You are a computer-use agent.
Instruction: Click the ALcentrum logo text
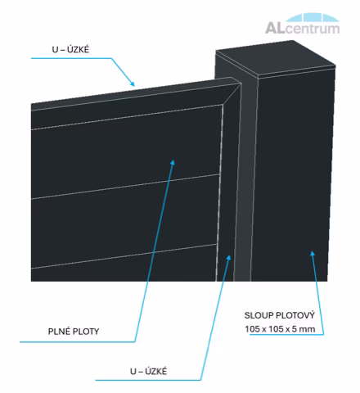tap(302, 28)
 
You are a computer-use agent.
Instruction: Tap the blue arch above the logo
tap(313, 17)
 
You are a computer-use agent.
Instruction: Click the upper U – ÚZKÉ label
tap(70, 49)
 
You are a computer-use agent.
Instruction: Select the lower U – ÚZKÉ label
tap(148, 371)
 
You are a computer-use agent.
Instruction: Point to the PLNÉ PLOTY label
tap(74, 332)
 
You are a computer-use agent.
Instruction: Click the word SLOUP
tap(259, 315)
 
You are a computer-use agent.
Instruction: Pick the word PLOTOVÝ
tap(295, 315)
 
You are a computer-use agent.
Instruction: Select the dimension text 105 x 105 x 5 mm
tap(280, 329)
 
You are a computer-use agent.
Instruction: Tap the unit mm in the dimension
tap(308, 329)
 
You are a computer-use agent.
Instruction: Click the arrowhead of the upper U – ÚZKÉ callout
tap(133, 84)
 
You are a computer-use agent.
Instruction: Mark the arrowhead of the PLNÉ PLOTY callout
tap(173, 162)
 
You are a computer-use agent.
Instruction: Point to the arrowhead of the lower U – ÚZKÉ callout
tap(229, 257)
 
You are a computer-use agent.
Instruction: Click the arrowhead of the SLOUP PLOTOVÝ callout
tap(313, 253)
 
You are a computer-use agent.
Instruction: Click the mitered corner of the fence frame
tap(232, 94)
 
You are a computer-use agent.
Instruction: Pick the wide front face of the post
tap(293, 178)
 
